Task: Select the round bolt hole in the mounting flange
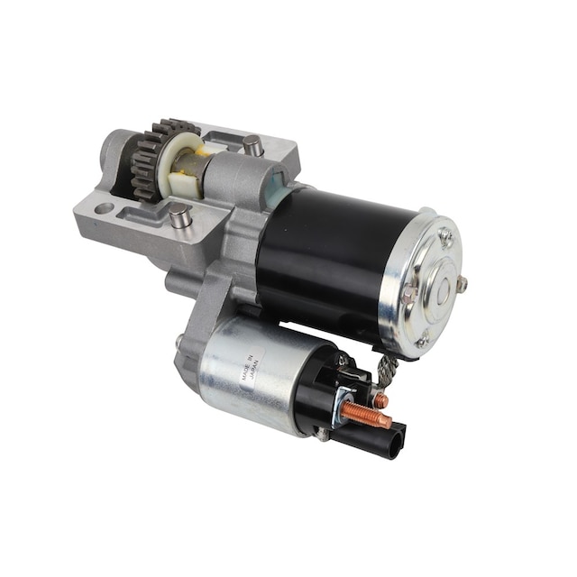click(105, 209)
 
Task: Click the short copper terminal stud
click(380, 398)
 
